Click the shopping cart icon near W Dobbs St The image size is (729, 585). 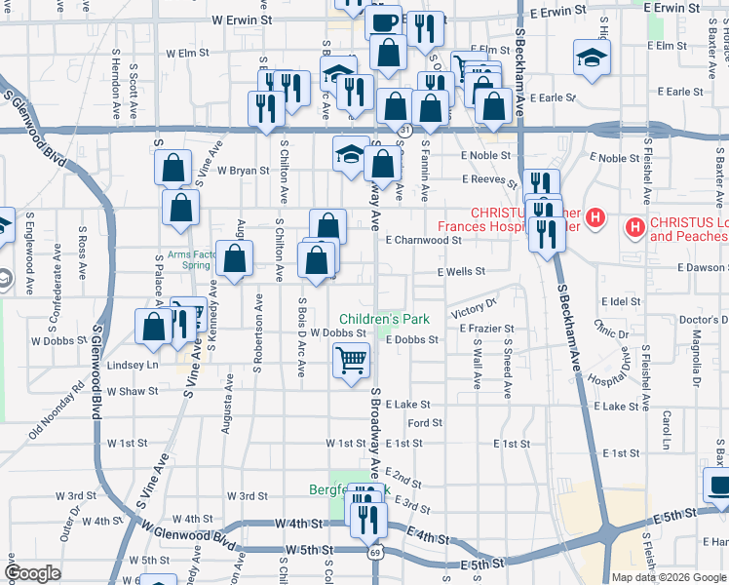(x=352, y=361)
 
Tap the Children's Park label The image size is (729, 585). (x=384, y=319)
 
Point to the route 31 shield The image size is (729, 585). (x=404, y=130)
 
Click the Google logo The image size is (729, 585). (x=32, y=572)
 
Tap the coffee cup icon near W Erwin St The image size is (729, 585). (x=384, y=19)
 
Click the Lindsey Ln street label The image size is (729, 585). (x=132, y=365)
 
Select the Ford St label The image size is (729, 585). (x=425, y=423)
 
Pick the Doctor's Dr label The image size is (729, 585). (x=698, y=320)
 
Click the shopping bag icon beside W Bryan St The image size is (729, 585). (x=173, y=168)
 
